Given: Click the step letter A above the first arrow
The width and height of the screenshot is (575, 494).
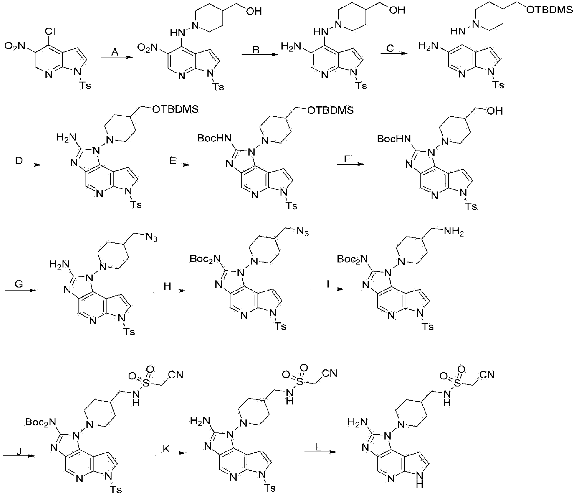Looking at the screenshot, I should click(x=115, y=52).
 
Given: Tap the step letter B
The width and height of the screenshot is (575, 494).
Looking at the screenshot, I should click(x=256, y=50).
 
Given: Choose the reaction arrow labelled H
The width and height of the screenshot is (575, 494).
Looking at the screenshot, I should click(x=170, y=291).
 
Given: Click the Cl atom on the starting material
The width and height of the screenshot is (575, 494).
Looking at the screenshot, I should click(x=50, y=32).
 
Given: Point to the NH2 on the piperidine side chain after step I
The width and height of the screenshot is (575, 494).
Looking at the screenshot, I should click(x=454, y=233).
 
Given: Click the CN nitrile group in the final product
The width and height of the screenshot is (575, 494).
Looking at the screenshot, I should click(x=487, y=374).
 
